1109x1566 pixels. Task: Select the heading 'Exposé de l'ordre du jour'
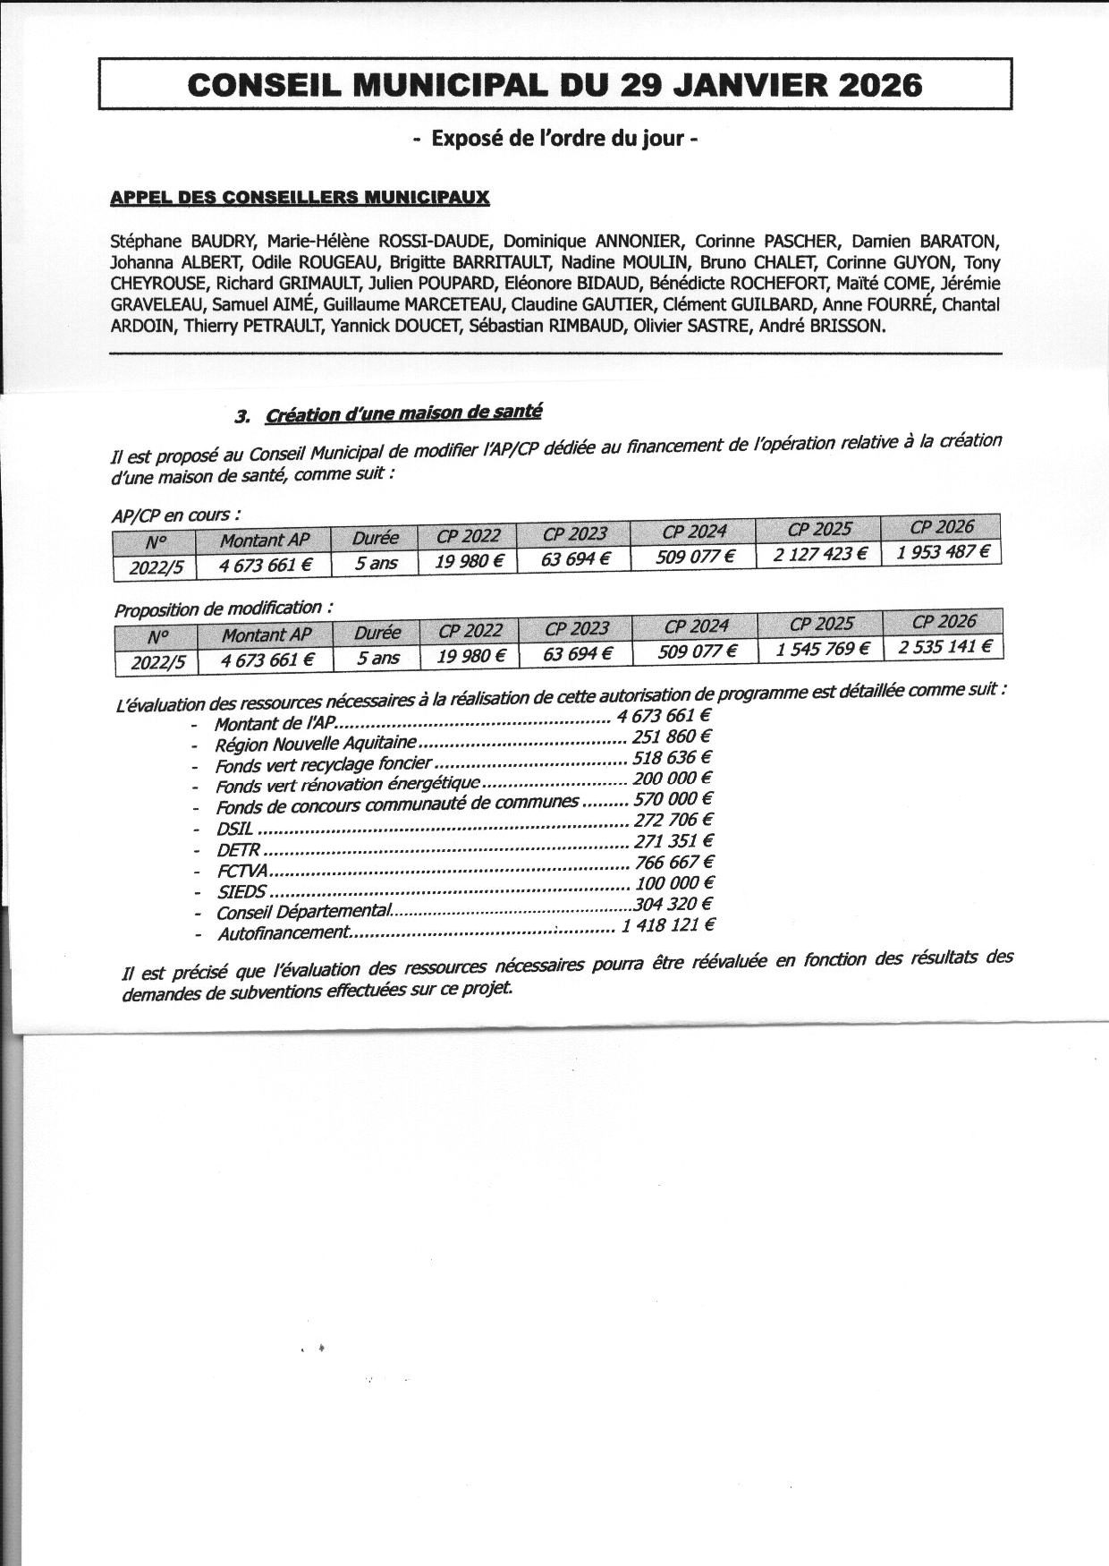tap(555, 139)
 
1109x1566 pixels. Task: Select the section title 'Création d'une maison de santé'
tap(403, 413)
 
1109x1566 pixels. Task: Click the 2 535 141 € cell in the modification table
tap(944, 646)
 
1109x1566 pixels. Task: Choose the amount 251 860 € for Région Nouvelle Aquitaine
tap(672, 737)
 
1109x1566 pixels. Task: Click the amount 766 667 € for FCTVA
tap(673, 863)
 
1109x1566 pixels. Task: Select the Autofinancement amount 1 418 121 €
tap(667, 925)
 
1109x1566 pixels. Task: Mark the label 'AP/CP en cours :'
tap(176, 515)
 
